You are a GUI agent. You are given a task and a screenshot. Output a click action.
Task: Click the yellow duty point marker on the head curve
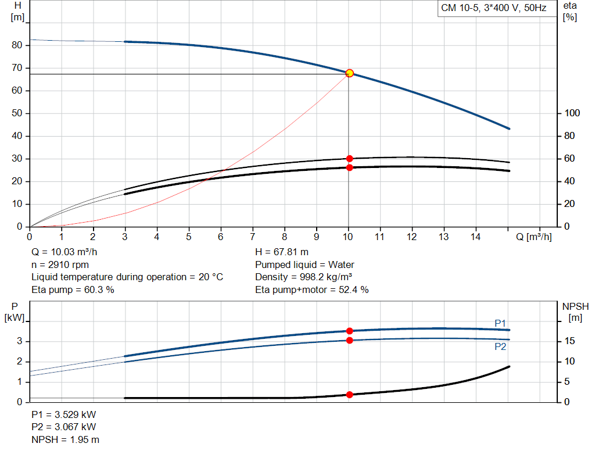[349, 73]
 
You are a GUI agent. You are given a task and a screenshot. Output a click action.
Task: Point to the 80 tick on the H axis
[17, 45]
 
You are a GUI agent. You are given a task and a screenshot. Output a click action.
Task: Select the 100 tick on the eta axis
[570, 113]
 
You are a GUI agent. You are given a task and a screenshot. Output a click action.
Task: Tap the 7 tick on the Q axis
[253, 237]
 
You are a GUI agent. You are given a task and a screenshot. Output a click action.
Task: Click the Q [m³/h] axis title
[533, 237]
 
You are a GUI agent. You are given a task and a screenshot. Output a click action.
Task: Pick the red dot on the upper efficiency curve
[349, 159]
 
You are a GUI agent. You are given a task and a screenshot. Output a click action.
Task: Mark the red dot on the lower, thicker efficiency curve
[349, 167]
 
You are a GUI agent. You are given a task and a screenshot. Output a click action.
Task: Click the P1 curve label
[501, 323]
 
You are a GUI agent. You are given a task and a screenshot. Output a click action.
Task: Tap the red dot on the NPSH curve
[349, 395]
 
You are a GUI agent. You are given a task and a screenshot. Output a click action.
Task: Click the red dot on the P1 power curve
[349, 331]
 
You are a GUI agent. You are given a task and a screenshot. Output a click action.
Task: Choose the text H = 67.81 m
[282, 252]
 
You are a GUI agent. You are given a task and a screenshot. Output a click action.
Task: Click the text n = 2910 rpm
[60, 264]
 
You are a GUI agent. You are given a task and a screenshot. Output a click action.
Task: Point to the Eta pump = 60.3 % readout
[73, 289]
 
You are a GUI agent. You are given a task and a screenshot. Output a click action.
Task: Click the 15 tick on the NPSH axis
[569, 341]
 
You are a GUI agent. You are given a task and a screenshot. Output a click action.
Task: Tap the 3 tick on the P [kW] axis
[20, 341]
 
